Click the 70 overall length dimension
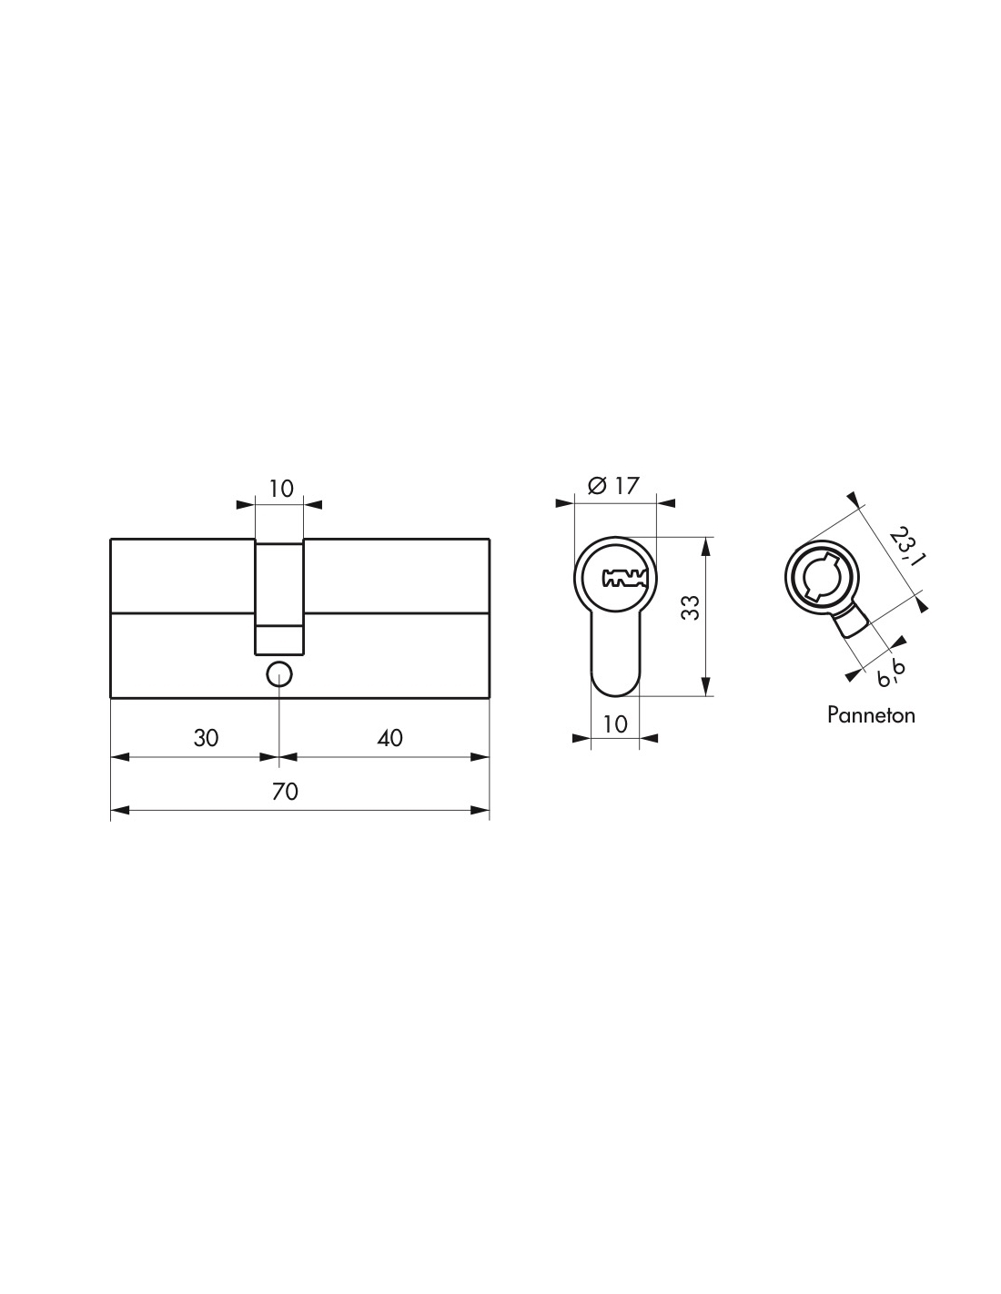tap(285, 792)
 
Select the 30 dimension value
tap(206, 738)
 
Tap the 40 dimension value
tap(390, 738)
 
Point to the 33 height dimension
tap(690, 607)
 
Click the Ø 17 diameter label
tap(613, 486)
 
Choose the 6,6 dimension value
tap(890, 672)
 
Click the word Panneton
tap(871, 714)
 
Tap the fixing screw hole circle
tap(278, 674)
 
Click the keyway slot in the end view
tap(624, 578)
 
